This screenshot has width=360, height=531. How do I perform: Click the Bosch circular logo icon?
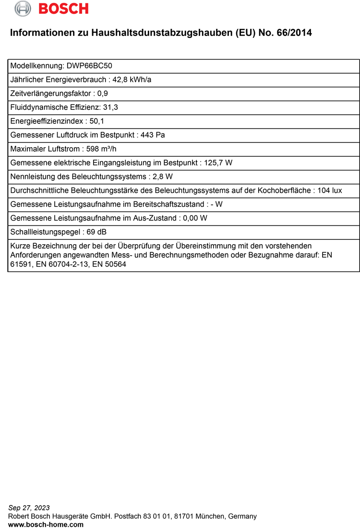[x=23, y=8]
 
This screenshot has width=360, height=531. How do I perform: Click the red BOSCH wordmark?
[x=63, y=9]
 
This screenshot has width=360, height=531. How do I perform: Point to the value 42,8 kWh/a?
[x=132, y=80]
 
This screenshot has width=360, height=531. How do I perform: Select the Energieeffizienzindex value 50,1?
[x=97, y=121]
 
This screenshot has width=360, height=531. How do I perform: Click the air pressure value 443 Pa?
[x=153, y=135]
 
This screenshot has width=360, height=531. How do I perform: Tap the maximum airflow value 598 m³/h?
[x=101, y=149]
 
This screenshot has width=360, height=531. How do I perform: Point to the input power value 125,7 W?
[x=218, y=163]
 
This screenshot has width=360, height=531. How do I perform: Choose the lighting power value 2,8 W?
[x=163, y=177]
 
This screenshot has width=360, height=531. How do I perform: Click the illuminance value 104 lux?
[x=330, y=190]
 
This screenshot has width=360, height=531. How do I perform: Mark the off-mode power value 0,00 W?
[x=195, y=218]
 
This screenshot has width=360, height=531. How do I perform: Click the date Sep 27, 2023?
[x=29, y=507]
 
